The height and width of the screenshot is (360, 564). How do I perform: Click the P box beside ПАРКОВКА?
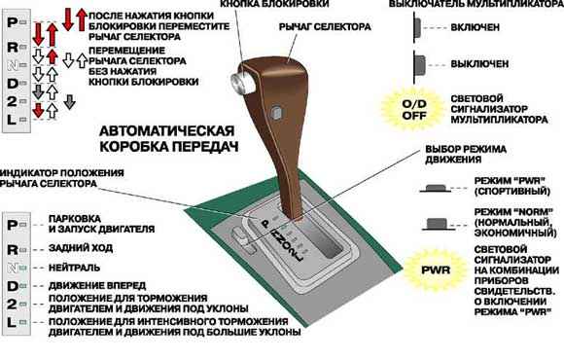click(14, 223)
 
